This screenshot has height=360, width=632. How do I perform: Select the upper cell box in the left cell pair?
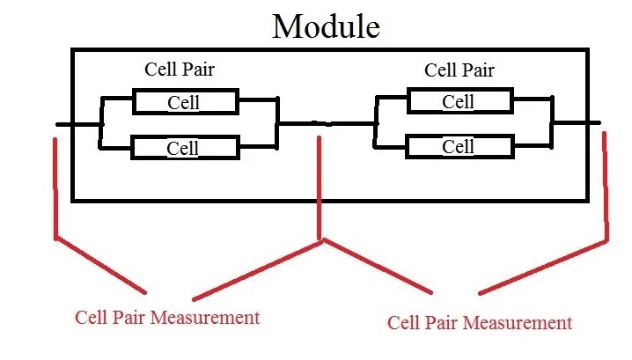184,102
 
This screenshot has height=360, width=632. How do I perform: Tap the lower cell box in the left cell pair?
184,148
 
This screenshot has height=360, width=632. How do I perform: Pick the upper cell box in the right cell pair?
458,101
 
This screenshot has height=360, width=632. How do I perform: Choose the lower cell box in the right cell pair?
458,146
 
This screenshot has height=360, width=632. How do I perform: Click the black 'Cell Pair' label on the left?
179,70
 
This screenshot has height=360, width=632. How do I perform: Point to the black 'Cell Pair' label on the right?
459,70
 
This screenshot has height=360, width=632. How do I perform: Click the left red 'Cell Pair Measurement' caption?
167,316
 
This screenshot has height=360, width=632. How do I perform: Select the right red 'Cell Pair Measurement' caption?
480,322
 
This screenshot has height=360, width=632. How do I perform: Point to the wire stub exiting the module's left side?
64,124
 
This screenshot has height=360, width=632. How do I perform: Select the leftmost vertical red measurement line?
55,185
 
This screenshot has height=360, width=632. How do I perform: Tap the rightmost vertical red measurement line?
606,185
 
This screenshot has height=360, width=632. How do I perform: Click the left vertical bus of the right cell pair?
377,123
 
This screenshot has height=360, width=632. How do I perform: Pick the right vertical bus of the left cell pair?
278,123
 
